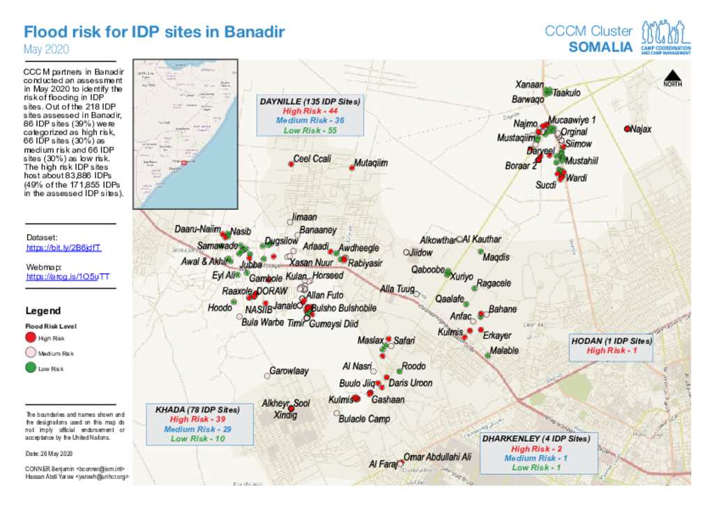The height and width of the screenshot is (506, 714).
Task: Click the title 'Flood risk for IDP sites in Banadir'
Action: pyautogui.click(x=154, y=32)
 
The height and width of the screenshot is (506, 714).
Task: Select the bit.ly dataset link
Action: pyautogui.click(x=64, y=247)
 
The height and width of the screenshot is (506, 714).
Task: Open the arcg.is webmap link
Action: pyautogui.click(x=68, y=277)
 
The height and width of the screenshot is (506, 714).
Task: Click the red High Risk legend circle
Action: pyautogui.click(x=30, y=338)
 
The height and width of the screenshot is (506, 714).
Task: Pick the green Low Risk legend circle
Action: pyautogui.click(x=30, y=368)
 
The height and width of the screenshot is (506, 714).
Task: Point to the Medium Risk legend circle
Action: pyautogui.click(x=30, y=353)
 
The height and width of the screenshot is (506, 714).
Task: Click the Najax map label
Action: pyautogui.click(x=641, y=129)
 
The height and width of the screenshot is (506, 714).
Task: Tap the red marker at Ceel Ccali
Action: pyautogui.click(x=291, y=164)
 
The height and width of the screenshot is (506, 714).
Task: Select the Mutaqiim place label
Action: pyautogui.click(x=371, y=162)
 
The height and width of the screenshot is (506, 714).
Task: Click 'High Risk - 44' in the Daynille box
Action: pyautogui.click(x=310, y=111)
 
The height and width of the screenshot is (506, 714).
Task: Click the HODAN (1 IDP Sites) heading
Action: pyautogui.click(x=612, y=341)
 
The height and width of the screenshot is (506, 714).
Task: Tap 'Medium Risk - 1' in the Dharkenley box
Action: pyautogui.click(x=535, y=458)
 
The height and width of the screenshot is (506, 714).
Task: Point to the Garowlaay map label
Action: pyautogui.click(x=289, y=371)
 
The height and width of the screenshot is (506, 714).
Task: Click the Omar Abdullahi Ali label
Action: pyautogui.click(x=437, y=457)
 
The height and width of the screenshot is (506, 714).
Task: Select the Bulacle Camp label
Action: pyautogui.click(x=364, y=419)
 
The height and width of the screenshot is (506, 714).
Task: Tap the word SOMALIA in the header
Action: pyautogui.click(x=600, y=47)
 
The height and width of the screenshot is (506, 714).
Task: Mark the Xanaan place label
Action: pyautogui.click(x=529, y=84)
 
